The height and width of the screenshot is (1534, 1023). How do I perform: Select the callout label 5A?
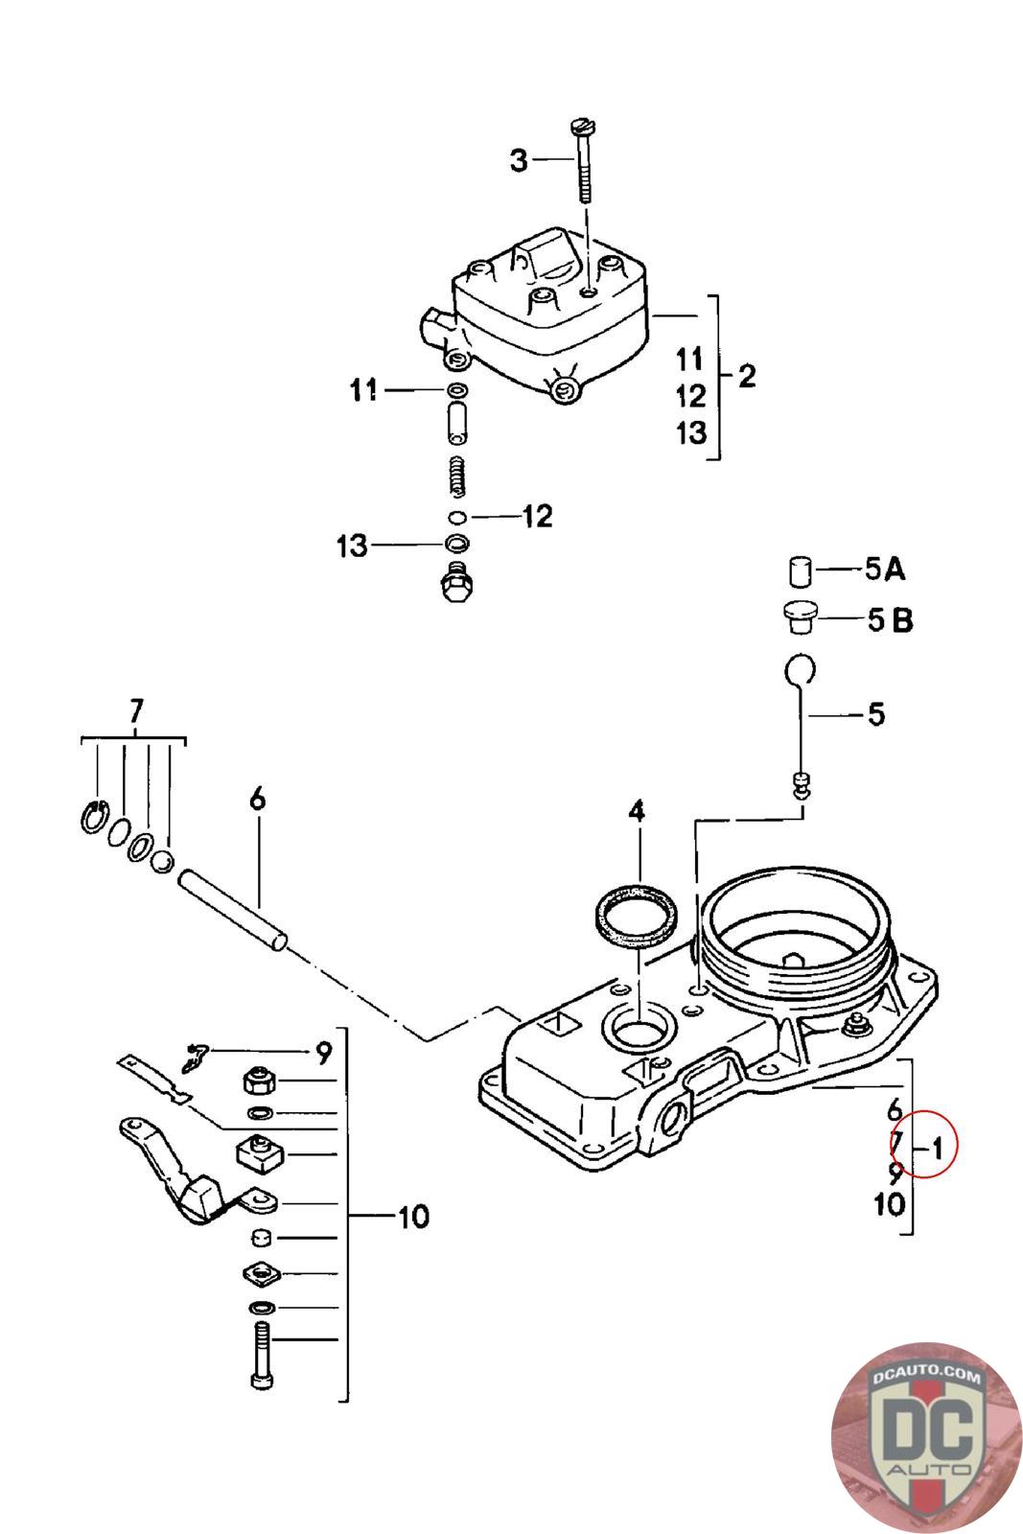885,569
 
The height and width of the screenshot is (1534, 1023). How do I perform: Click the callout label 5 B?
890,619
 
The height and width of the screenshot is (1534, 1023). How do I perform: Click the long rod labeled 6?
233,910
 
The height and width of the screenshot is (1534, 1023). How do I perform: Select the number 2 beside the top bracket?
747,376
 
